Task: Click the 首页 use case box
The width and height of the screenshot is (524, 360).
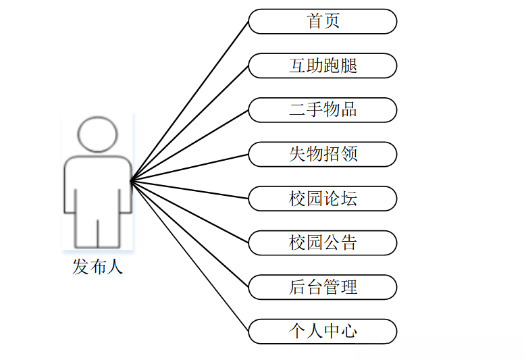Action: tap(322, 22)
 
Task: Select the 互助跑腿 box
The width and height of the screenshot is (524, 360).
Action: tap(322, 66)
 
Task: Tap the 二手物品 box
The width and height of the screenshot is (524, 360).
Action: tap(322, 110)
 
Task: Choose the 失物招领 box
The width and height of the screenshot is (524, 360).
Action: tap(322, 154)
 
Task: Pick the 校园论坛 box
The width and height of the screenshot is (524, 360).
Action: tap(322, 199)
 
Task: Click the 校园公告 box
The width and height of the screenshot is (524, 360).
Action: tap(322, 242)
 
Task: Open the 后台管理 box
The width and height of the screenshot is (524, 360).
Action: tap(322, 287)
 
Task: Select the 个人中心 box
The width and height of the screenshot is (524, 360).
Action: tap(322, 331)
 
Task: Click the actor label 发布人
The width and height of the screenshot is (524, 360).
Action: tap(98, 267)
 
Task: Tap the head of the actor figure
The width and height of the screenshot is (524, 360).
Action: tap(97, 134)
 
